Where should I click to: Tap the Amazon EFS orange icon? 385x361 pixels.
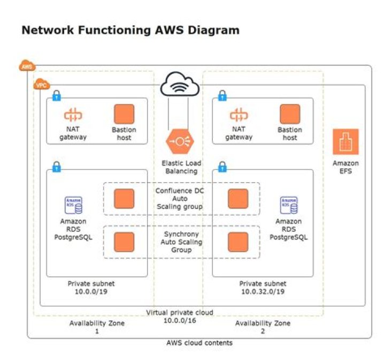(345, 142)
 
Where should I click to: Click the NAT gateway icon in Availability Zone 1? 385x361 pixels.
(73, 115)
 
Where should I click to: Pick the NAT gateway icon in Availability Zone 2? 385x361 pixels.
(238, 115)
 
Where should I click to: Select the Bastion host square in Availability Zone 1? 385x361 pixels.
(124, 114)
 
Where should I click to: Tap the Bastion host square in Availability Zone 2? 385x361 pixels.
(290, 114)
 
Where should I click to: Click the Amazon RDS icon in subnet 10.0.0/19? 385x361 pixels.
(73, 205)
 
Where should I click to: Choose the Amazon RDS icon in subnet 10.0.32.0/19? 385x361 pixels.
(289, 205)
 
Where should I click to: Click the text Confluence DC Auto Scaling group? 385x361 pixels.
(180, 199)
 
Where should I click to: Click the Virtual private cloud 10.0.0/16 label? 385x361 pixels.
(180, 316)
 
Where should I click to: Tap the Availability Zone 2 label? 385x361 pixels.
(263, 327)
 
